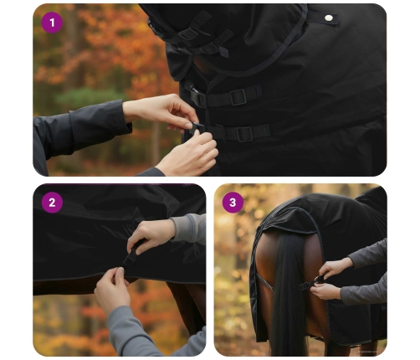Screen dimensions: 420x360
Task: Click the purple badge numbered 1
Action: click(x=52, y=23)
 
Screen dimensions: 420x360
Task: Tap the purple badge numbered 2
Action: click(x=52, y=203)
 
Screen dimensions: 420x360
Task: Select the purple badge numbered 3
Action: click(x=233, y=203)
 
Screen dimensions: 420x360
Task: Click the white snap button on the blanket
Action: click(x=329, y=18)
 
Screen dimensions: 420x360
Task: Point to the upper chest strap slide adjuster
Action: click(x=238, y=97)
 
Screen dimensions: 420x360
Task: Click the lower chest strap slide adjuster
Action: click(x=244, y=134)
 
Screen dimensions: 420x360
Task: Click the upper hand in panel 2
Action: click(x=151, y=235)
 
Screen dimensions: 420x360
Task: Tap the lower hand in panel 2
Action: click(x=113, y=287)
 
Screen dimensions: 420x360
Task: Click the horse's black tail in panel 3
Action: click(x=289, y=293)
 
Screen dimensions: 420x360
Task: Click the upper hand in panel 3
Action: click(x=335, y=267)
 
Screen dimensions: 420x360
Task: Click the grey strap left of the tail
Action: click(x=265, y=282)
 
